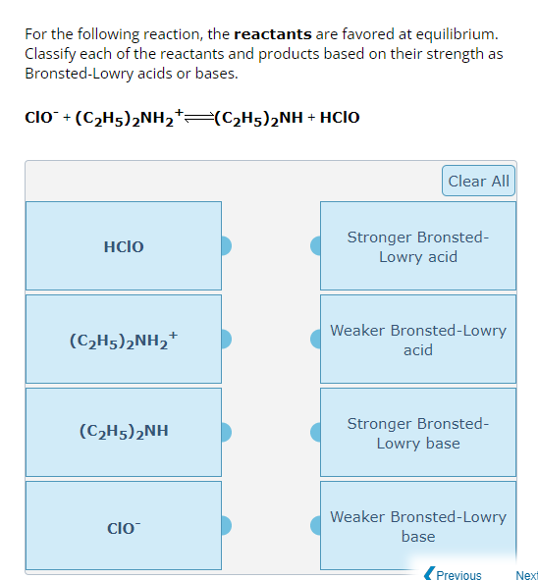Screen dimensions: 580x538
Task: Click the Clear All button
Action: [x=478, y=181]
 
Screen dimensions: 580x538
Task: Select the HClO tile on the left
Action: [x=124, y=246]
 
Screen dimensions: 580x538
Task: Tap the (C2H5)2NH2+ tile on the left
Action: [x=124, y=340]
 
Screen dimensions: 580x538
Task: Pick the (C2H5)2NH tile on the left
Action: [x=124, y=432]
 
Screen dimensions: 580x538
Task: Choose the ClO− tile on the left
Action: [x=124, y=526]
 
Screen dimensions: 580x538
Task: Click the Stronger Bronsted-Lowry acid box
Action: [x=418, y=247]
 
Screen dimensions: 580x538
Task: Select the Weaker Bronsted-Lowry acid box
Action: [x=418, y=340]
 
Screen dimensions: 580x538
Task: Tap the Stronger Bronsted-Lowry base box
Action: [x=418, y=433]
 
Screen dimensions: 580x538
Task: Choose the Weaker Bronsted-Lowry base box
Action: [x=418, y=526]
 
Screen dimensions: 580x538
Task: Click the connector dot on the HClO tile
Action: [x=225, y=246]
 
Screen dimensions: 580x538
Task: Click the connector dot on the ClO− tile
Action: [x=225, y=526]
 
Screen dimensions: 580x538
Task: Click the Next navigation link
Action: [x=526, y=575]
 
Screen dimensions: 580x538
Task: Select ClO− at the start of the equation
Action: [x=40, y=118]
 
